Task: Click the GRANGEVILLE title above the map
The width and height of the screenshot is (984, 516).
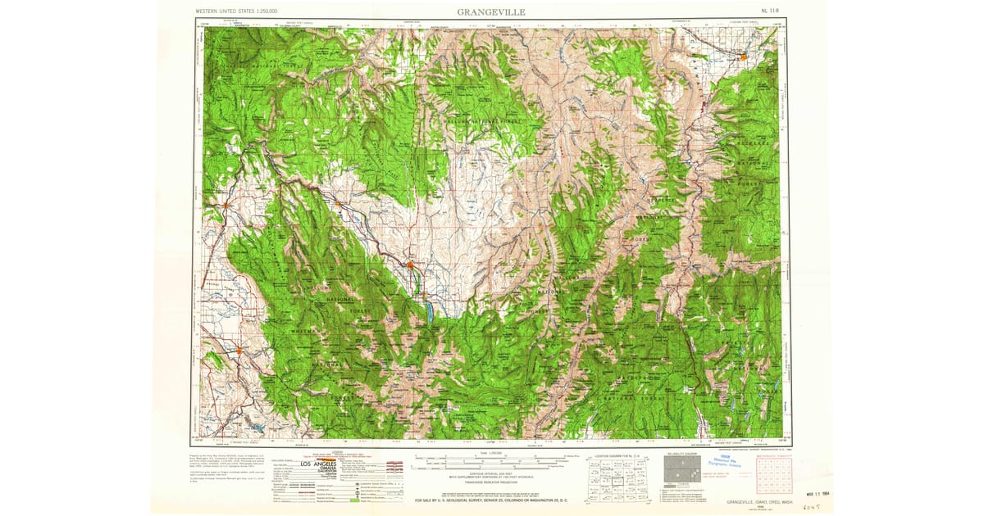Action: coord(491,12)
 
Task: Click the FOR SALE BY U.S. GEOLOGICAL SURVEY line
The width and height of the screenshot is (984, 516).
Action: coord(492,500)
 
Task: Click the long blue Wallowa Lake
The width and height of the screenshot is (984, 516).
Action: coord(426,313)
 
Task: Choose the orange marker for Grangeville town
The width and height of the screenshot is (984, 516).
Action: coord(743,57)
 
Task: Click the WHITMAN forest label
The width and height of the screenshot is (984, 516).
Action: coord(304,331)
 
